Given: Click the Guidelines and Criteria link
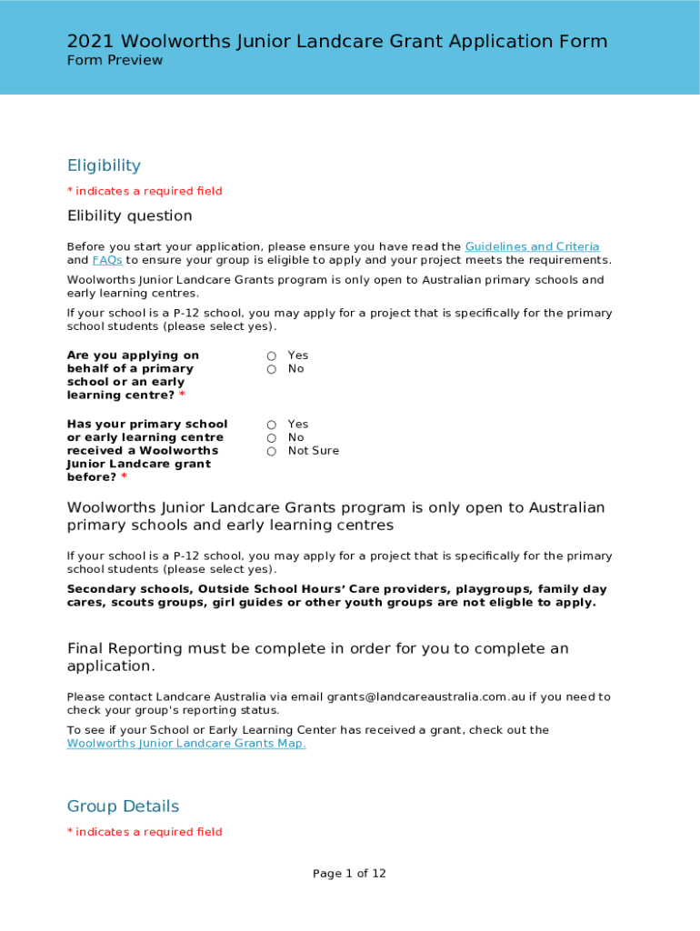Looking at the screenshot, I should pyautogui.click(x=532, y=246).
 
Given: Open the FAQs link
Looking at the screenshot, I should pyautogui.click(x=106, y=260).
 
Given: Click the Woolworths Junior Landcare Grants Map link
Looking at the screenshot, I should pyautogui.click(x=186, y=744).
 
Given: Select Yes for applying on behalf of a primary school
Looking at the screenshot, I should pyautogui.click(x=272, y=355).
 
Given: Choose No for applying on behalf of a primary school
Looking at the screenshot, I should pyautogui.click(x=272, y=369).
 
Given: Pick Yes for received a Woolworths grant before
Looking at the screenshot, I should pyautogui.click(x=272, y=425).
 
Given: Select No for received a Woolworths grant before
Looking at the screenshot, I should pyautogui.click(x=272, y=438).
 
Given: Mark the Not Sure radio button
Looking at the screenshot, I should pyautogui.click(x=272, y=451).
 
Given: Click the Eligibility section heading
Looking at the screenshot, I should pyautogui.click(x=104, y=165).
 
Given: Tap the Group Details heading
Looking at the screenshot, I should pyautogui.click(x=123, y=806).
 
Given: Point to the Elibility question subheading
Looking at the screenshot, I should pyautogui.click(x=129, y=215).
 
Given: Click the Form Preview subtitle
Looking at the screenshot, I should pyautogui.click(x=115, y=60).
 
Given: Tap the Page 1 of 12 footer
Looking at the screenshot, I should pyautogui.click(x=349, y=874).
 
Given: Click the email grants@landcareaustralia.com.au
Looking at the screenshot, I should pyautogui.click(x=425, y=697).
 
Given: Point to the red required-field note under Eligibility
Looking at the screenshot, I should pyautogui.click(x=145, y=191).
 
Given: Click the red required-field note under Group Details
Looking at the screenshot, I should pyautogui.click(x=145, y=832).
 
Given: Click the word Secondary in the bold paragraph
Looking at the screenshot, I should pyautogui.click(x=100, y=589).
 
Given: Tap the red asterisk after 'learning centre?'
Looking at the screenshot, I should pyautogui.click(x=182, y=395).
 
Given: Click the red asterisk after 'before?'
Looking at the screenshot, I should pyautogui.click(x=124, y=477).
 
